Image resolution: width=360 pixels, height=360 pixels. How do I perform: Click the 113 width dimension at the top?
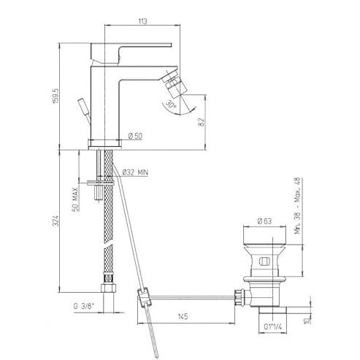click(142, 21)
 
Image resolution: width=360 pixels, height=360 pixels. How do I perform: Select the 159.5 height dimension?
click(55, 96)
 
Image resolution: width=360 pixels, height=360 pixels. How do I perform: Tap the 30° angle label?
click(171, 104)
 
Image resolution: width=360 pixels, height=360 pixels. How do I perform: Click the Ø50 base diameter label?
click(135, 136)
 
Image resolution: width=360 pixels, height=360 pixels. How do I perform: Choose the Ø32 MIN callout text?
click(135, 172)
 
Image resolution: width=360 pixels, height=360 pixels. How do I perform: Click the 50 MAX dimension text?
click(76, 199)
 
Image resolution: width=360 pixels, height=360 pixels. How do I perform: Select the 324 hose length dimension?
click(56, 221)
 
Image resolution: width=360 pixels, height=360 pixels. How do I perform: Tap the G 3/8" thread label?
click(84, 306)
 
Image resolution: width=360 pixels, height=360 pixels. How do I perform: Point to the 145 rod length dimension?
click(183, 316)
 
